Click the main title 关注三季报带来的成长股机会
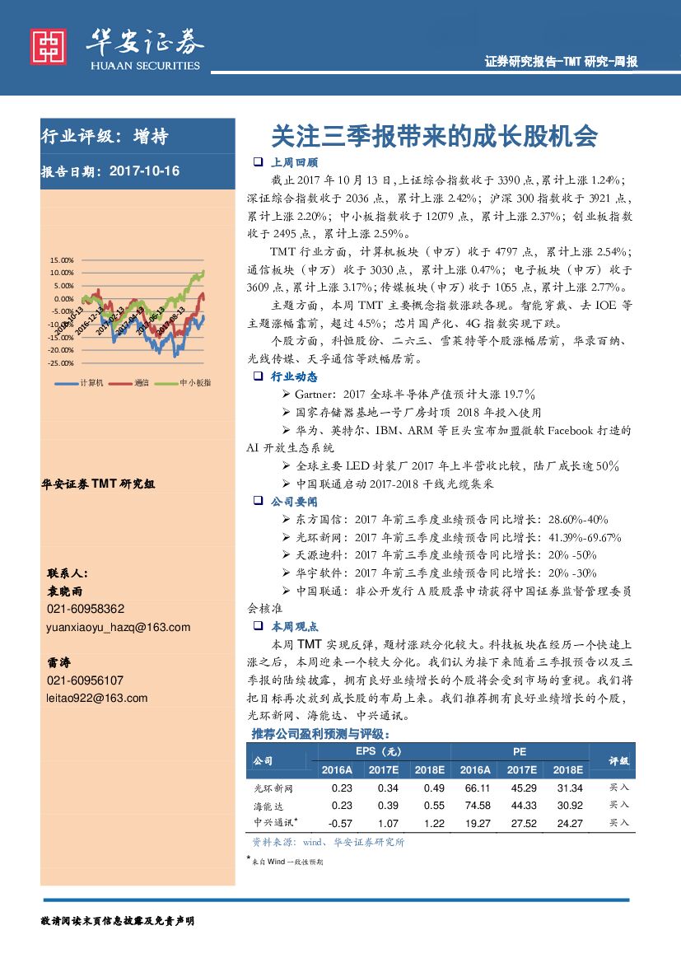tap(434, 136)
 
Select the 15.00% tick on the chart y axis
tap(63, 259)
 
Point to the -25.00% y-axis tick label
tap(61, 363)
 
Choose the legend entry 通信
tap(141, 383)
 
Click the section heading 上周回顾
tap(294, 162)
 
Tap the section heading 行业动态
tap(294, 376)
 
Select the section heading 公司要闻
tap(294, 501)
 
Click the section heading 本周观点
tap(294, 626)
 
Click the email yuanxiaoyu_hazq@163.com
tap(119, 627)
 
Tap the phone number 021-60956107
tap(86, 680)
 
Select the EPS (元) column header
tap(378, 752)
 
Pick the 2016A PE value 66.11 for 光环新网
tap(478, 788)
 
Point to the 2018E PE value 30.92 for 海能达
tap(569, 806)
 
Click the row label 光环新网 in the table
tap(273, 788)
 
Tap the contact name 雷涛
tap(58, 662)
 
